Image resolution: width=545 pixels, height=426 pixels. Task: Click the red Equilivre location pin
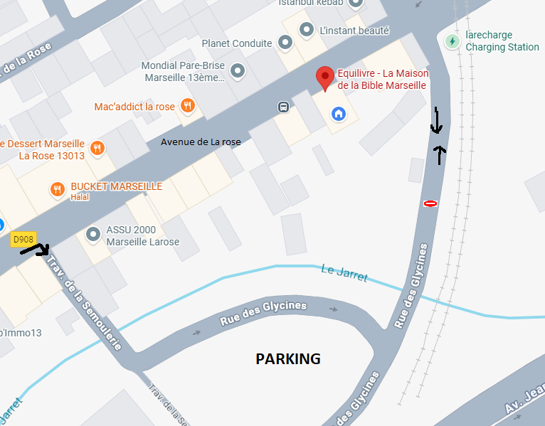pos(325,78)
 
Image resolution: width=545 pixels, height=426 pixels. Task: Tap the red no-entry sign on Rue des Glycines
pos(430,203)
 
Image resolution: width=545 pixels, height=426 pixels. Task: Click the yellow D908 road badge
pos(23,240)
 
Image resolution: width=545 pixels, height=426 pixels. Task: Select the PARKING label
pos(288,358)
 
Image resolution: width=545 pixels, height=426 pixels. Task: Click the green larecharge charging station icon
pos(452,41)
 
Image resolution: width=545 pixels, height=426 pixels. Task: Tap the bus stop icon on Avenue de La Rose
pos(283,107)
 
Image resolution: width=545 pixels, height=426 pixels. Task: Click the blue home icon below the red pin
pos(338,113)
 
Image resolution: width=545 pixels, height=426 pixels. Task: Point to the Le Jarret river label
pos(344,272)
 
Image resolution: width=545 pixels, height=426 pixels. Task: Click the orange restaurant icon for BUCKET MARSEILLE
pos(57,189)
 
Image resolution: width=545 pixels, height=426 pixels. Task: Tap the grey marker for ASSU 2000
pos(93,234)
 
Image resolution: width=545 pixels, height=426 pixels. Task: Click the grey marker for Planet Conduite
pos(285,43)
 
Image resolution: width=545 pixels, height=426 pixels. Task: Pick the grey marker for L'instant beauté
pos(307,30)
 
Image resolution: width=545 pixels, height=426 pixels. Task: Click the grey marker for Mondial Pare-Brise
pos(238,70)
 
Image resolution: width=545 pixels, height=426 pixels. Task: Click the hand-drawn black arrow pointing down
pos(436,122)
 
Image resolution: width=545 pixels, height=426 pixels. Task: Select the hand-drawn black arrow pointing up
pos(441,154)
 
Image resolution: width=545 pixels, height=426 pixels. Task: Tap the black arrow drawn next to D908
pos(35,249)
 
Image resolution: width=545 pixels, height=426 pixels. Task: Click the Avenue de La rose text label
pos(201,142)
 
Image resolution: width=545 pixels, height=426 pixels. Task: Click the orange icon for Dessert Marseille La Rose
pos(98,149)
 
